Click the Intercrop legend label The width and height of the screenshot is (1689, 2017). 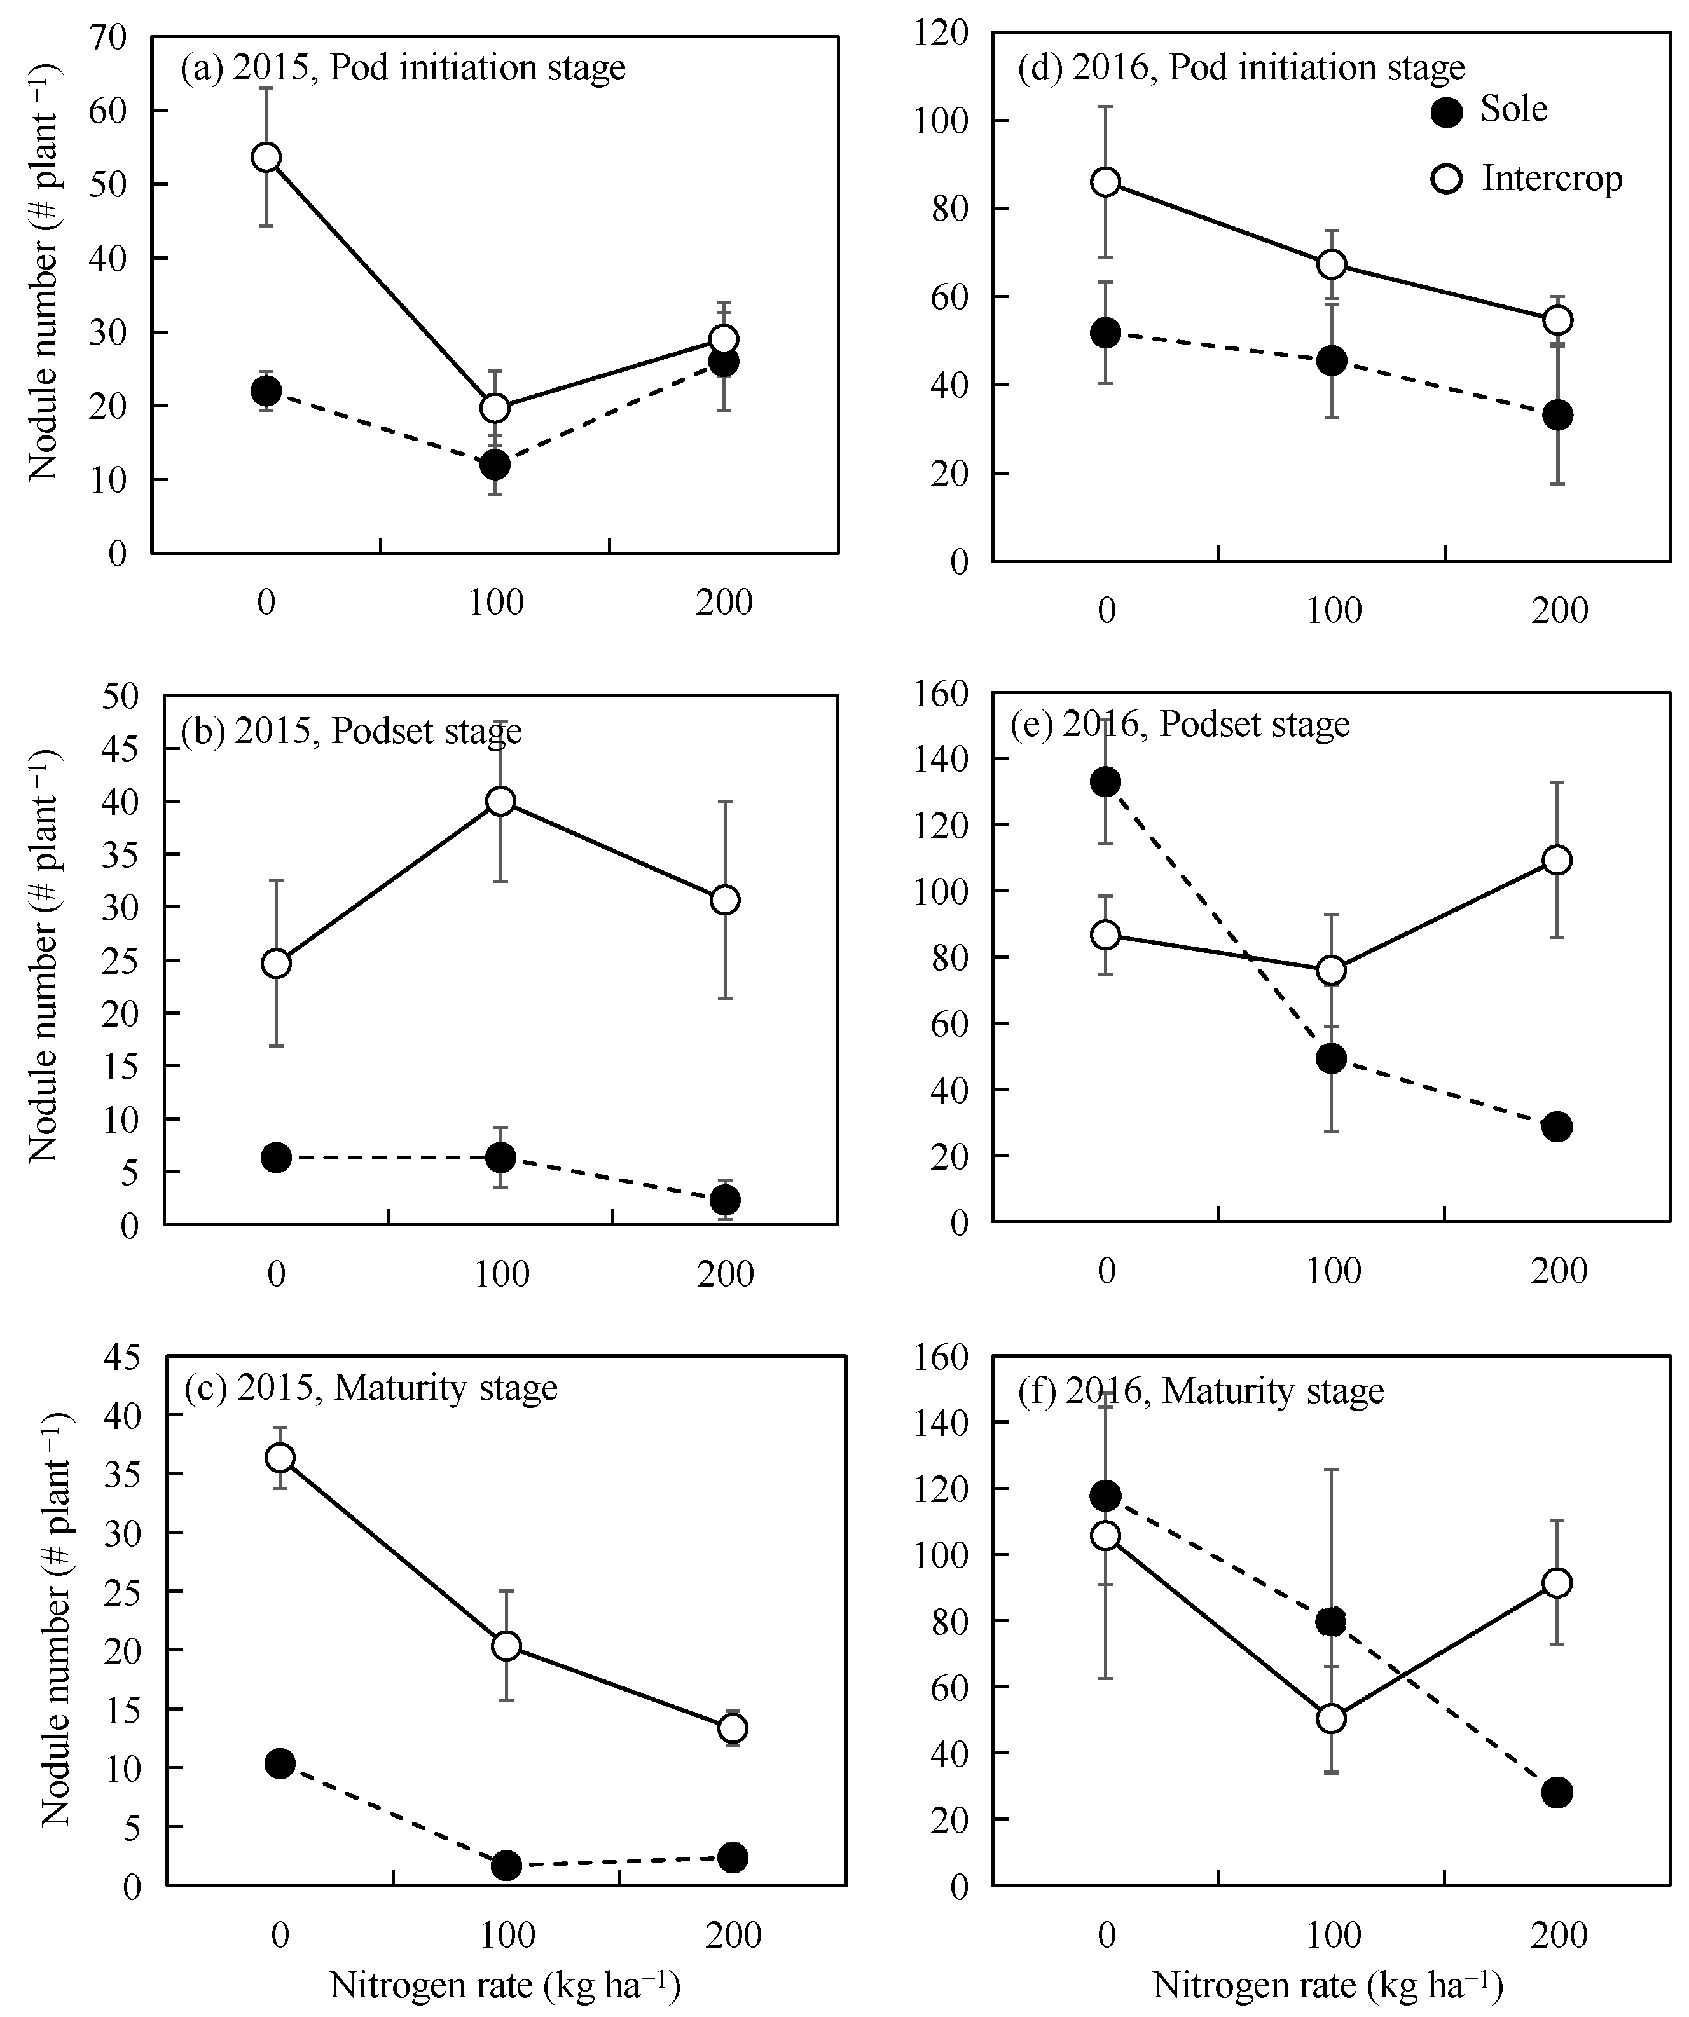(x=1552, y=179)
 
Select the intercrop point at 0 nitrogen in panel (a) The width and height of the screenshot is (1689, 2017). (x=266, y=156)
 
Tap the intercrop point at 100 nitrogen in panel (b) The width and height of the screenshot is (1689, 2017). (x=500, y=801)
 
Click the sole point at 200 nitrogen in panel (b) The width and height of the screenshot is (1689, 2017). (x=724, y=1200)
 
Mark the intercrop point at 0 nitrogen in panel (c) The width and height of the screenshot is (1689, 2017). (x=280, y=1457)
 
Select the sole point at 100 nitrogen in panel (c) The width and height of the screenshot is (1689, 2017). (x=506, y=1865)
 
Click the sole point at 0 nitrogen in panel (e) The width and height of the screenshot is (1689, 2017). (x=1106, y=781)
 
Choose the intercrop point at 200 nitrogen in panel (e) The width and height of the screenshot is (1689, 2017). (x=1557, y=859)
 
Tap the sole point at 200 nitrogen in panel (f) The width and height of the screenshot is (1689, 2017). (x=1557, y=1792)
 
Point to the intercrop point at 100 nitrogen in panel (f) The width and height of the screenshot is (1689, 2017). (x=1330, y=1718)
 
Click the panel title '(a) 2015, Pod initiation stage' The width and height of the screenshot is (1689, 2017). (x=403, y=68)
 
